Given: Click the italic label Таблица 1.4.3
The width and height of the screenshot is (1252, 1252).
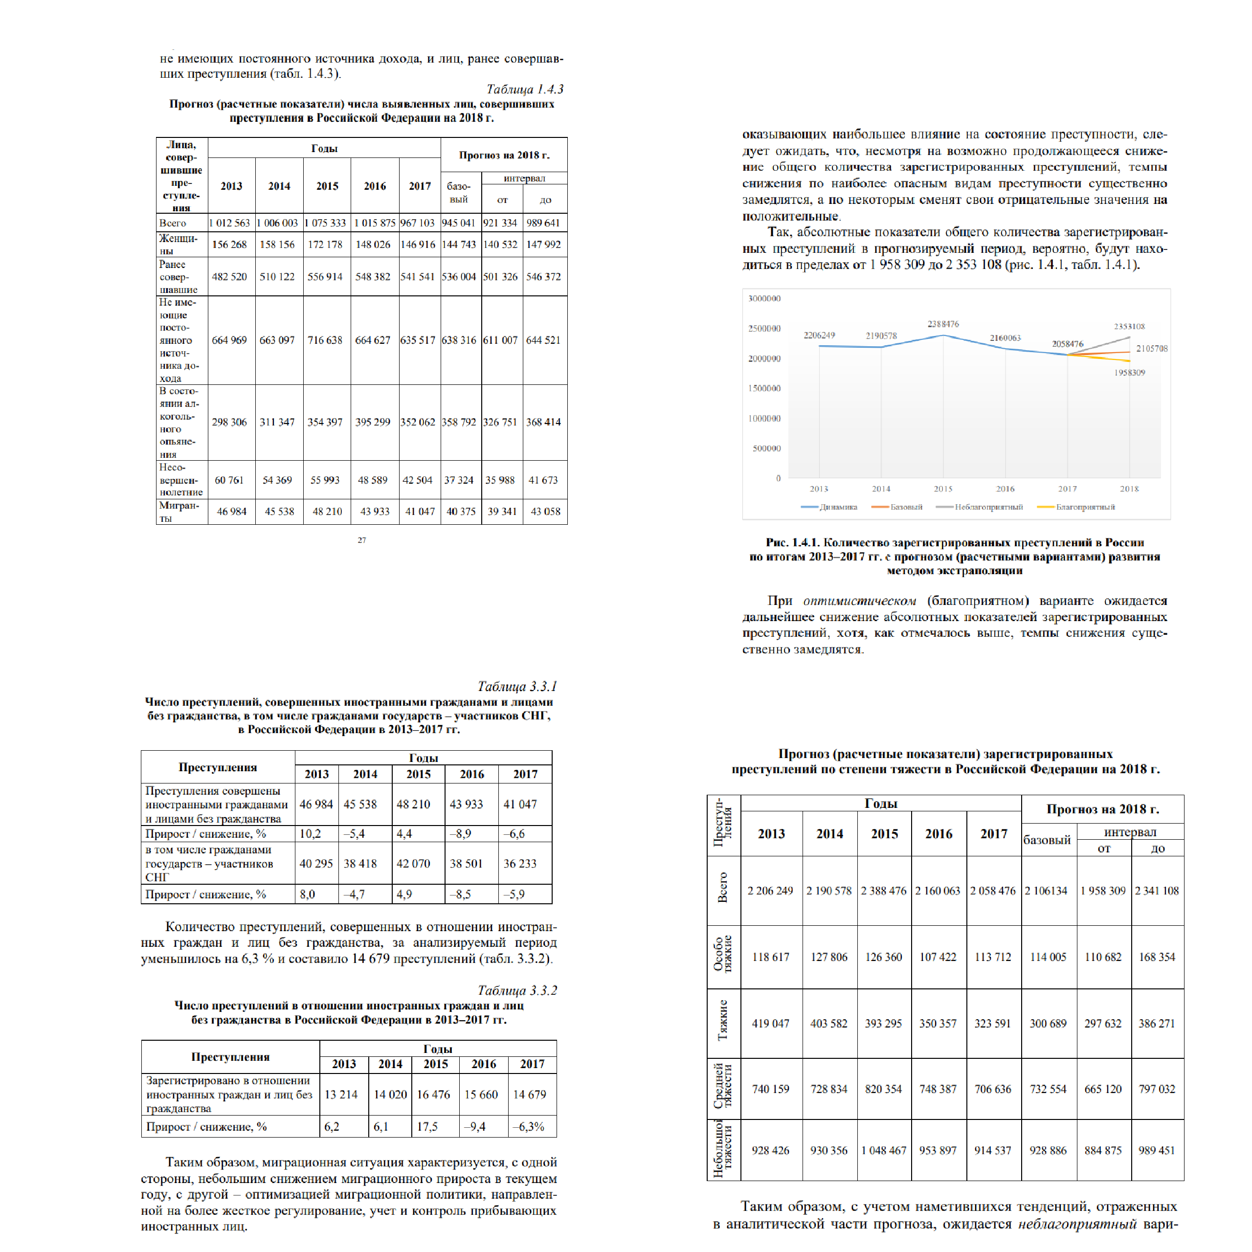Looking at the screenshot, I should click(x=524, y=89).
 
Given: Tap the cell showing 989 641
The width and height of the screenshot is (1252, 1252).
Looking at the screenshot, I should click(x=543, y=223).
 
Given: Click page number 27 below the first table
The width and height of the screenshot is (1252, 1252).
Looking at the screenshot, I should click(x=361, y=540).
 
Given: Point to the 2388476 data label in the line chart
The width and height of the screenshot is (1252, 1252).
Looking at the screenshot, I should click(x=943, y=324).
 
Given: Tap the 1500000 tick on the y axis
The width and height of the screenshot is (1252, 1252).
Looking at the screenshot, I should click(x=765, y=388).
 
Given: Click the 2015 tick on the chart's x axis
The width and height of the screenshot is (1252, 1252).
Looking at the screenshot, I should click(x=943, y=489).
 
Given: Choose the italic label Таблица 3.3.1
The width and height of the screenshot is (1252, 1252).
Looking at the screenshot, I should click(x=517, y=686).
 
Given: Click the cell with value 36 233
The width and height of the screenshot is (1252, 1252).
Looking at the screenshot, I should click(x=520, y=863).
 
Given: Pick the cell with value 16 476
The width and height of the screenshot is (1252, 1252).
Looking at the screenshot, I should click(x=433, y=1094).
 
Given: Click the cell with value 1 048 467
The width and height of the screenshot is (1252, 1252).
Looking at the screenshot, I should click(x=884, y=1150).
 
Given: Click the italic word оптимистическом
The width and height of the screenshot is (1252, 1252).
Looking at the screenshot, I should click(x=859, y=601).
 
